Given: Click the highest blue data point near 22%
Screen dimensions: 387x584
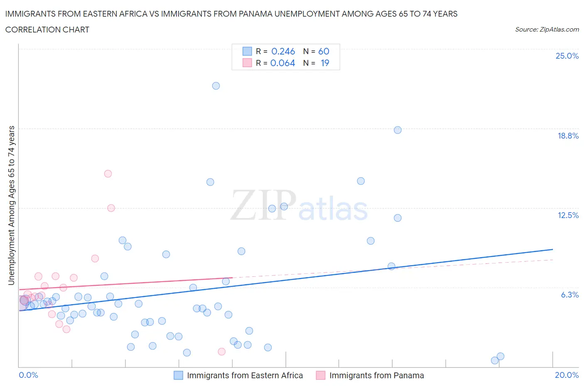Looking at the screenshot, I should (216, 86).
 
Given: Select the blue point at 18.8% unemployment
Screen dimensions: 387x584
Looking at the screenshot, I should (398, 130).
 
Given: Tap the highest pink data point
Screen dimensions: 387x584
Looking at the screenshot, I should (108, 174).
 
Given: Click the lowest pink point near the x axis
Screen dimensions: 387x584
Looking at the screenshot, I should (222, 352).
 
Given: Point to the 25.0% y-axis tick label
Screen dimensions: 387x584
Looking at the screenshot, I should (567, 56).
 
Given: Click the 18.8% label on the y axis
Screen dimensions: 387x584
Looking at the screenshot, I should (568, 136).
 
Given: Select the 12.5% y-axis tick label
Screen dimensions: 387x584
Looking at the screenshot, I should (568, 215).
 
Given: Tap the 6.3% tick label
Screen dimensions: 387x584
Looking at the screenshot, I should (569, 295).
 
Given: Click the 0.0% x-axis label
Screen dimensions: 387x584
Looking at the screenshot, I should (29, 375).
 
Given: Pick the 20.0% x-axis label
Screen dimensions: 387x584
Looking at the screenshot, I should (567, 375).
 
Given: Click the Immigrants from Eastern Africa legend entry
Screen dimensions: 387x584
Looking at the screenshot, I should (245, 375).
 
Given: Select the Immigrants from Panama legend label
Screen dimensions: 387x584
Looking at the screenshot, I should (376, 375).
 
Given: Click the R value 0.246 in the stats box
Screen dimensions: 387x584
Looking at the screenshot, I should (283, 51).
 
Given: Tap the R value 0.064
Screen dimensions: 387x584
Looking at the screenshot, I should (282, 63).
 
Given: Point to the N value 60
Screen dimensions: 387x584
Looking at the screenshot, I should (324, 51).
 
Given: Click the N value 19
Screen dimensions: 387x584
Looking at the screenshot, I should (324, 63).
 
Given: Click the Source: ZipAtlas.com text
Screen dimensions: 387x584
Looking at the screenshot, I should (547, 29).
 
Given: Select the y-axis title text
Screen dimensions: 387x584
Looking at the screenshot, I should (11, 205).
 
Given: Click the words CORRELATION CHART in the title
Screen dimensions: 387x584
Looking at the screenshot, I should (47, 30).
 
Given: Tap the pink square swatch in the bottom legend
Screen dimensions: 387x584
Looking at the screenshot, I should (320, 375).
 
